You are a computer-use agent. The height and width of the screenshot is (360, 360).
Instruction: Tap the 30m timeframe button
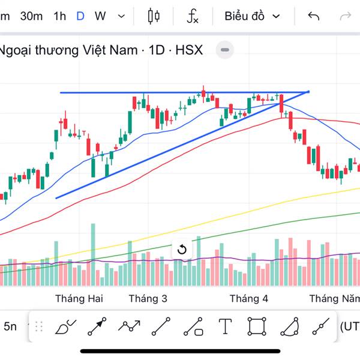pos(31,16)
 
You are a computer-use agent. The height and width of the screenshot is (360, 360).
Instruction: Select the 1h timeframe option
pos(59,16)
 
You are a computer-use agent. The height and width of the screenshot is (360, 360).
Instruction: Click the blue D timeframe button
pos(80,16)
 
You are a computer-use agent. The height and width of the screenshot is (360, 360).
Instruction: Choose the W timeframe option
pos(100,16)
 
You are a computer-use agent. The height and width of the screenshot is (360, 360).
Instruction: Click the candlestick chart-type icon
pos(154,16)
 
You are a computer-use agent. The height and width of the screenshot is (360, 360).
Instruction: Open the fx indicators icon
pos(193,16)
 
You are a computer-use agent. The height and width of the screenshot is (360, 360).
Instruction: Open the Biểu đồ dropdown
pos(252,16)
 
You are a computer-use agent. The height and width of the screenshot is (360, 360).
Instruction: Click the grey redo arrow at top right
pos(346,16)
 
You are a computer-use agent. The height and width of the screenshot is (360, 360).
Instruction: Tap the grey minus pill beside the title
pos(225,50)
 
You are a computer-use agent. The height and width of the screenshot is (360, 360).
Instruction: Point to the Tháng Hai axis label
pos(79,299)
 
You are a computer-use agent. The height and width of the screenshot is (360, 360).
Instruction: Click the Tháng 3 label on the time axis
pos(148,299)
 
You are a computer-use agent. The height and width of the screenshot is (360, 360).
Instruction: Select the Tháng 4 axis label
pos(249,299)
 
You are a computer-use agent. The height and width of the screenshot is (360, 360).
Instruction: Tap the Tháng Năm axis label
pos(334,299)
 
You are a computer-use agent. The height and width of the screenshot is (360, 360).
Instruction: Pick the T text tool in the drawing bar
pos(225,327)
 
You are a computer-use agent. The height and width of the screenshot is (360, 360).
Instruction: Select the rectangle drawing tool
pos(257,327)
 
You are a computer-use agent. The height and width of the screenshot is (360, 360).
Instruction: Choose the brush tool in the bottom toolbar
pos(64,327)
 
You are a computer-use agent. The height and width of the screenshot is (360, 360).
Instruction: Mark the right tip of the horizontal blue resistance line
pos(308,92)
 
